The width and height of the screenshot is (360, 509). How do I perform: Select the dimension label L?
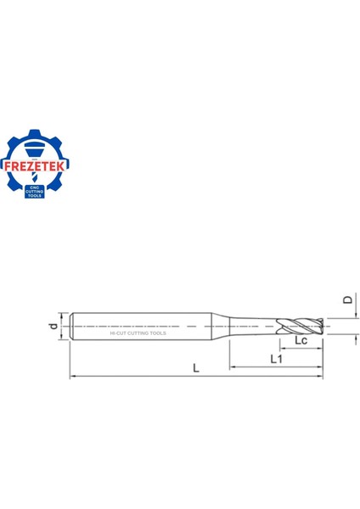click(x=197, y=368)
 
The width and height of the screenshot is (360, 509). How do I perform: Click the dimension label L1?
click(x=277, y=360)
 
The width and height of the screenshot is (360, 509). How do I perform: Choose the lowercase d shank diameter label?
click(x=53, y=326)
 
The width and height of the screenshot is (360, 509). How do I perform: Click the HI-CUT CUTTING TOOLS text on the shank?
click(x=138, y=333)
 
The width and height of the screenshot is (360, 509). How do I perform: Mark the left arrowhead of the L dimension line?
click(x=73, y=376)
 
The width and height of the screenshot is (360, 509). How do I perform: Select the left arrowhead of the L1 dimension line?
click(x=232, y=368)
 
